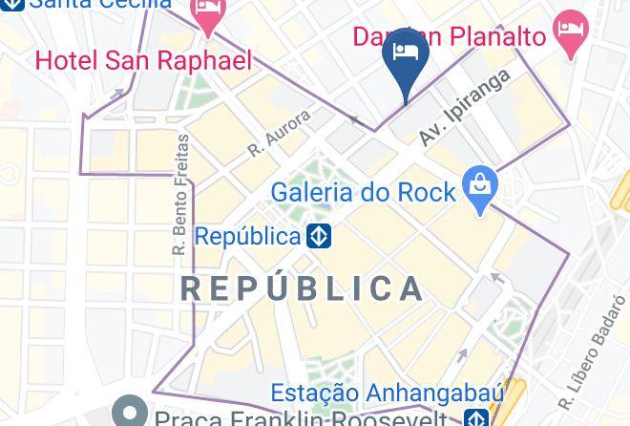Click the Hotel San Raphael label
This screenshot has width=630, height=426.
(x=143, y=61)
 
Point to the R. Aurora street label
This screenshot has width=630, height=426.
(x=279, y=134)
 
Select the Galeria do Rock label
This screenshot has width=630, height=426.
(x=363, y=192)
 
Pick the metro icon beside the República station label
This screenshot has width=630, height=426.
(x=319, y=235)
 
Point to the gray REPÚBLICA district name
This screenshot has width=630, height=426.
(x=303, y=288)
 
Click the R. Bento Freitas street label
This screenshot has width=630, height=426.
(x=180, y=194)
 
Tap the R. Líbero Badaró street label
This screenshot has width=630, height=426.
(x=591, y=351)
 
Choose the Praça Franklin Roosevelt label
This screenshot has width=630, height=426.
(x=301, y=418)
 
